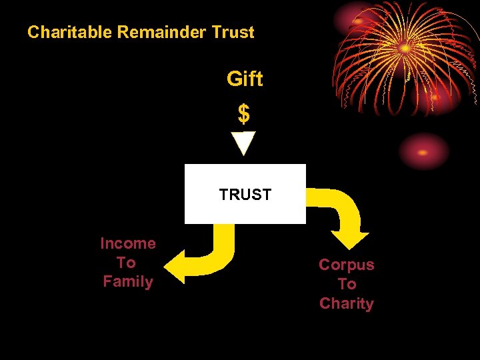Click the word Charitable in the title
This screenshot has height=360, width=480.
(71, 32)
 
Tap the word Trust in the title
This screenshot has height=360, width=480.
(233, 32)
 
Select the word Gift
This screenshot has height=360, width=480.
(245, 79)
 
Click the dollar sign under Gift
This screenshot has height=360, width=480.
(244, 115)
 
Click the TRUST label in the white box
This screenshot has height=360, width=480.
(245, 195)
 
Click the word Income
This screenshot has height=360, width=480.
(127, 244)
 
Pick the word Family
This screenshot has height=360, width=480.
(128, 282)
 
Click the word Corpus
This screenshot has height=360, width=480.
(347, 265)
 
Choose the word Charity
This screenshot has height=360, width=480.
(347, 304)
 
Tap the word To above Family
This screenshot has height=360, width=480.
(126, 263)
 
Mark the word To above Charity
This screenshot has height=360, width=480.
(347, 285)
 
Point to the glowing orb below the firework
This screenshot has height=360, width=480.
(425, 151)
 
